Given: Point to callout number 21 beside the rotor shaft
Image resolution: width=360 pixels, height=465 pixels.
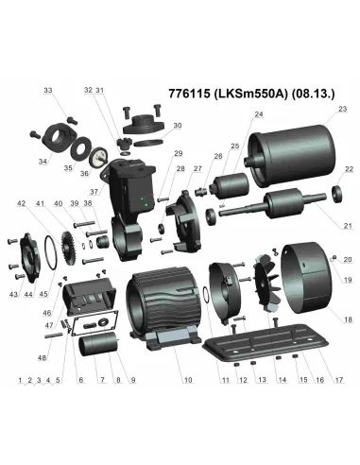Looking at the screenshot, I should click(347, 226).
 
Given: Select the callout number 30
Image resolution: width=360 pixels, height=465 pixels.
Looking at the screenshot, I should click(178, 125).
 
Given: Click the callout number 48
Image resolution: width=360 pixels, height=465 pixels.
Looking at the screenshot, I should click(41, 358).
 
